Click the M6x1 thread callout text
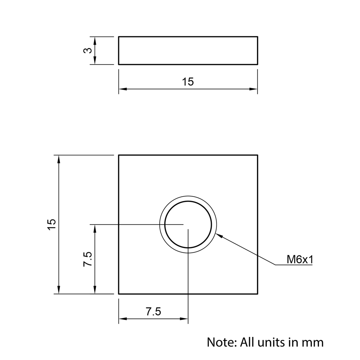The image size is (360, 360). tap(299, 260)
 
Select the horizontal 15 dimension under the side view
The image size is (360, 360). tap(188, 82)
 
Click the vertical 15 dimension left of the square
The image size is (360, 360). tap(52, 224)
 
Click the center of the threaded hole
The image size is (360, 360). tap(188, 225)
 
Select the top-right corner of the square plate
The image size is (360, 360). tap(257, 155)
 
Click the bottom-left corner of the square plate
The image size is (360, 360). tap(119, 294)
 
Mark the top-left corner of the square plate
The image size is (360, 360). tap(119, 155)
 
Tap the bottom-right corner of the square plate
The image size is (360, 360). tap(257, 294)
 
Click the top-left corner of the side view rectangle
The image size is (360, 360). tap(119, 37)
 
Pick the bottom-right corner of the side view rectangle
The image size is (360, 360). tap(257, 64)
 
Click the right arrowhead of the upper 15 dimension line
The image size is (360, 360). tap(255, 89)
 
